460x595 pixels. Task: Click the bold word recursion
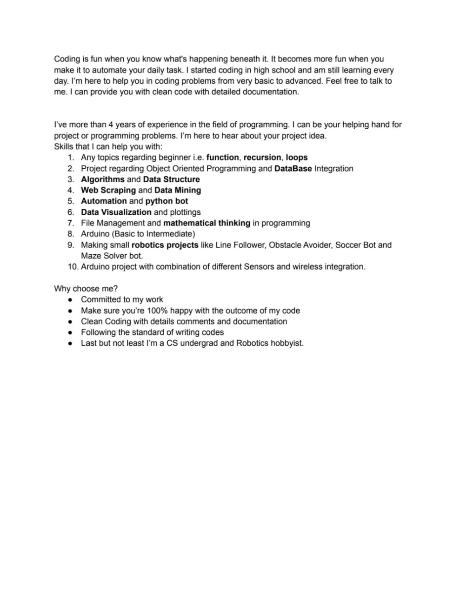pyautogui.click(x=262, y=158)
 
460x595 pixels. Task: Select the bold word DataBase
pyautogui.click(x=293, y=168)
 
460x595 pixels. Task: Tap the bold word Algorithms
pyautogui.click(x=103, y=179)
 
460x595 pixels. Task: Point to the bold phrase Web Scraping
pyautogui.click(x=108, y=190)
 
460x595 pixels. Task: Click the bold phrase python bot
pyautogui.click(x=167, y=201)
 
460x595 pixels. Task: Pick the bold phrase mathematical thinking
pyautogui.click(x=207, y=223)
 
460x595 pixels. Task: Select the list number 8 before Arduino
pyautogui.click(x=71, y=234)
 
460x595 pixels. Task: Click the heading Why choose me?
pyautogui.click(x=86, y=289)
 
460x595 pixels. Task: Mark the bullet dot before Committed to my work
pyautogui.click(x=70, y=300)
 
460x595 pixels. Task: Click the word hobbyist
pyautogui.click(x=287, y=344)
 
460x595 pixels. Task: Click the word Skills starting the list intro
pyautogui.click(x=64, y=146)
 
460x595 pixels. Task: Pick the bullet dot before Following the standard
pyautogui.click(x=70, y=332)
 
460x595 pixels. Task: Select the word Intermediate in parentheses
pyautogui.click(x=169, y=234)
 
